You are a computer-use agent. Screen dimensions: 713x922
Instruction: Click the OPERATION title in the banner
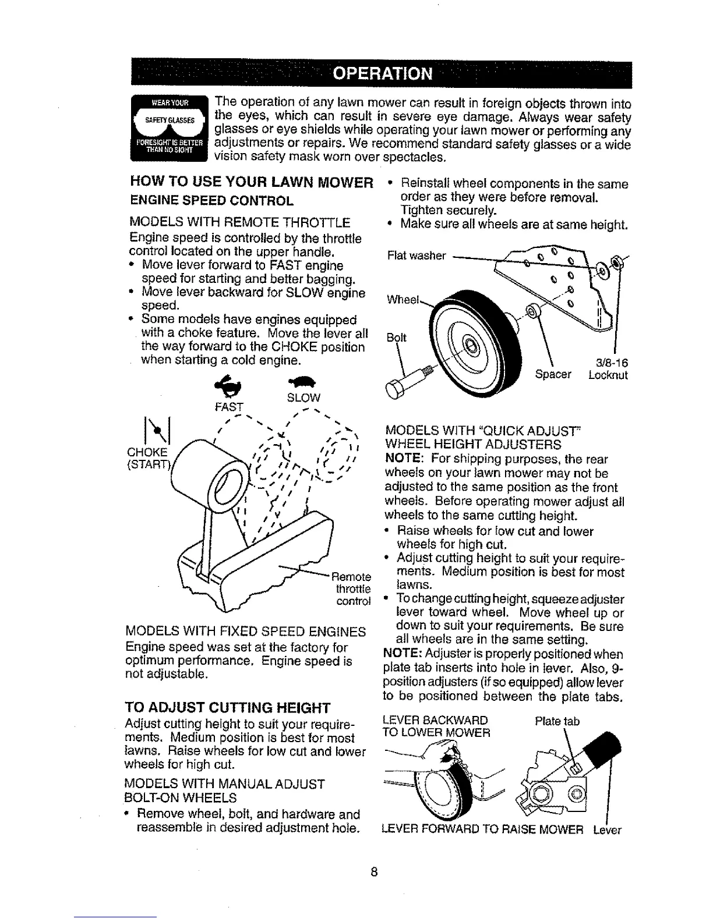(x=383, y=75)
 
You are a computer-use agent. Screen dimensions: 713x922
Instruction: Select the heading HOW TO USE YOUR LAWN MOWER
(x=251, y=184)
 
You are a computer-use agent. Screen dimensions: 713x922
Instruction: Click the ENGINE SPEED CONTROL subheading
(x=210, y=201)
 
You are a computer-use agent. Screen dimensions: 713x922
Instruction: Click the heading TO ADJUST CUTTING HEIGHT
(x=228, y=708)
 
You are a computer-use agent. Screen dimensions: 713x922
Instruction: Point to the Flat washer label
(x=416, y=256)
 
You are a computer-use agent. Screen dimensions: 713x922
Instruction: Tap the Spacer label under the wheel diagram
(x=553, y=375)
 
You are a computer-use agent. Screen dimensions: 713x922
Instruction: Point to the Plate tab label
(x=557, y=722)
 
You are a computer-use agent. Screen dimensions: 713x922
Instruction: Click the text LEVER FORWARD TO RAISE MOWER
(x=482, y=830)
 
